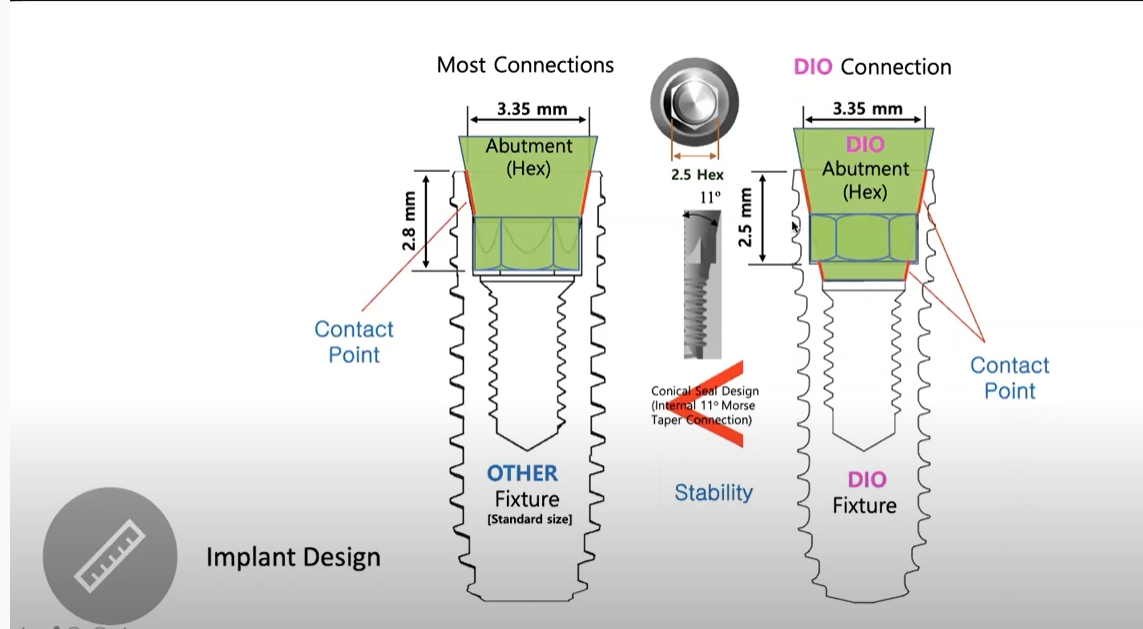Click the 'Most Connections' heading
point(525,65)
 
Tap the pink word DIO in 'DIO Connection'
point(813,67)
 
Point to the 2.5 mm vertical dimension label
point(746,218)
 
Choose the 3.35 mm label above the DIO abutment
point(867,108)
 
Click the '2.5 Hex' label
point(697,175)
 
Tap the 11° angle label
point(709,198)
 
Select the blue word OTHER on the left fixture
point(522,474)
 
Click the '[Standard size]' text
point(529,520)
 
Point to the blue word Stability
point(713,492)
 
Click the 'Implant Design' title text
point(293,557)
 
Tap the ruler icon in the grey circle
point(110,554)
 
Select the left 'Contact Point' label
point(354,341)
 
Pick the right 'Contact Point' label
point(1010,377)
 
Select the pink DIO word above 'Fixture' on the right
point(867,480)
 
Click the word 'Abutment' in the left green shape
point(529,146)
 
